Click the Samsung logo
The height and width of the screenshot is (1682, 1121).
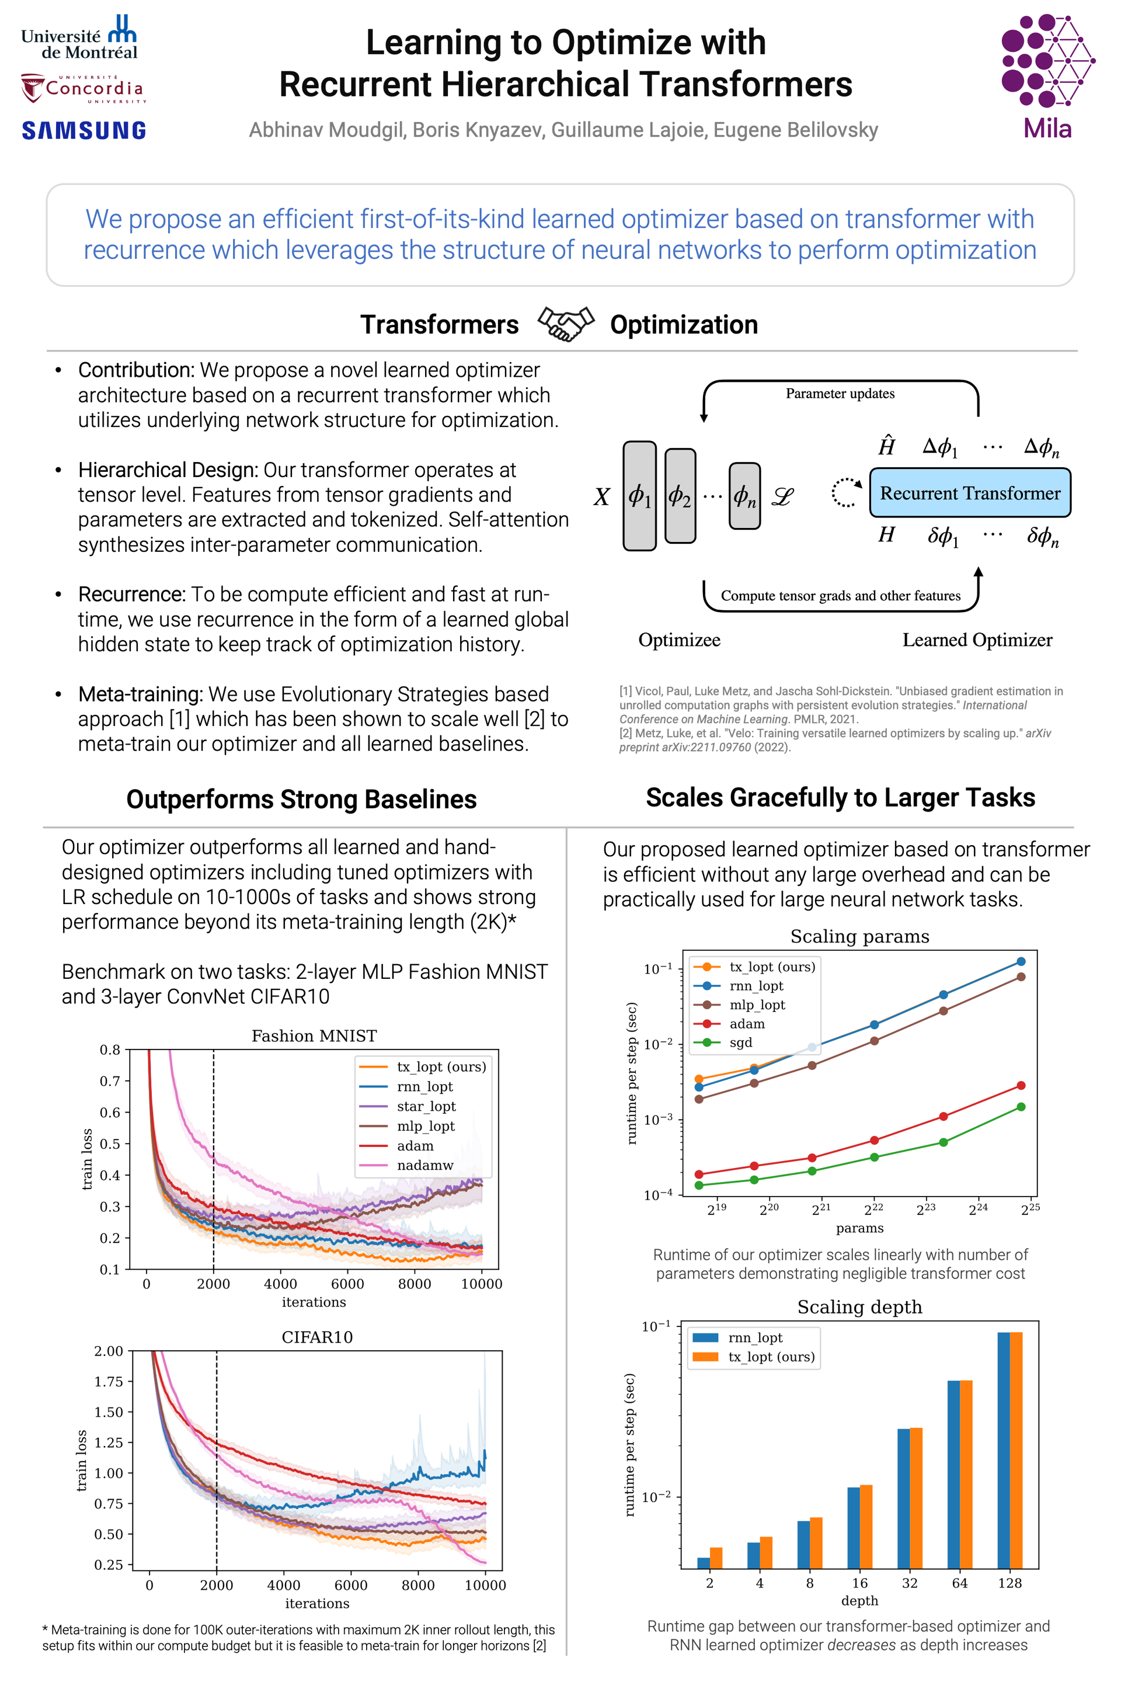tap(83, 130)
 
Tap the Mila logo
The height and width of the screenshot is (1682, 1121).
tap(1047, 75)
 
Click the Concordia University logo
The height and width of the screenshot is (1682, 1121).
tap(82, 89)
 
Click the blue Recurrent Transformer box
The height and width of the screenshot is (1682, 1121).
tap(969, 493)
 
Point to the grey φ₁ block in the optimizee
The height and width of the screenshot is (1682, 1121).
tap(639, 496)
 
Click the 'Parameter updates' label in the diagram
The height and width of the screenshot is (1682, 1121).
tap(840, 393)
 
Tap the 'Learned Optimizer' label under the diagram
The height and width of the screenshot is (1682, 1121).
tap(977, 640)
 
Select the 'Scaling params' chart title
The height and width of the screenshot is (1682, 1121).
tap(859, 936)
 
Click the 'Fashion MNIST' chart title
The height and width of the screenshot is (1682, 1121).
tap(314, 1035)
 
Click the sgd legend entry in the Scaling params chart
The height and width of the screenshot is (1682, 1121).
tap(741, 1042)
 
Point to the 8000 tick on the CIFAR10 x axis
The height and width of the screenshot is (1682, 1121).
tap(418, 1584)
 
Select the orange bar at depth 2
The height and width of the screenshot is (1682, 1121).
tap(716, 1558)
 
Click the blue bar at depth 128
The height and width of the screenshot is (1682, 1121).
tap(1004, 1450)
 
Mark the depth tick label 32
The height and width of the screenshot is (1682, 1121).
tap(910, 1583)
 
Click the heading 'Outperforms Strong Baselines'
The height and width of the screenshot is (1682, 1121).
tap(301, 799)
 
